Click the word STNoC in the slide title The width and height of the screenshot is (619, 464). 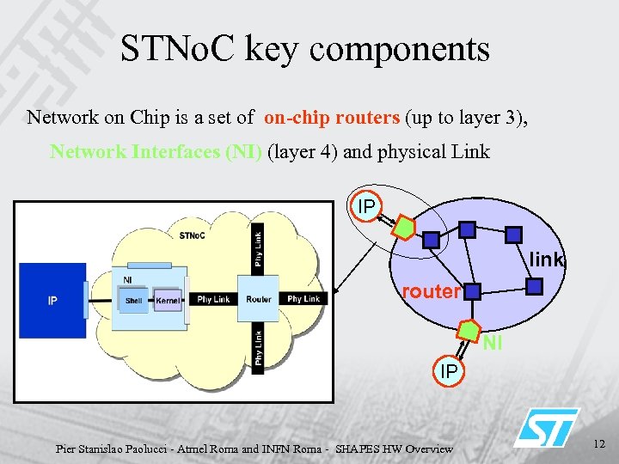pyautogui.click(x=178, y=49)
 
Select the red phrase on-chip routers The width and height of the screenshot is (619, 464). pyautogui.click(x=332, y=118)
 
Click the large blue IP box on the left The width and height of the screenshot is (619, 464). pyautogui.click(x=52, y=301)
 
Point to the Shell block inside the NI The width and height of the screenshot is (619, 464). pyautogui.click(x=134, y=301)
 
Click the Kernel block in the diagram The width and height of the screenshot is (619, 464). pyautogui.click(x=168, y=301)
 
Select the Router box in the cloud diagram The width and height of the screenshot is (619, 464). pyautogui.click(x=258, y=299)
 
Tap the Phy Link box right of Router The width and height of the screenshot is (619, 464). pyautogui.click(x=303, y=299)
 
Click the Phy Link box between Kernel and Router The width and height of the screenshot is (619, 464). pyautogui.click(x=213, y=299)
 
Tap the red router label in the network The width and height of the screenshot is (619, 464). pyautogui.click(x=431, y=291)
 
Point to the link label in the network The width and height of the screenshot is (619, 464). pyautogui.click(x=546, y=259)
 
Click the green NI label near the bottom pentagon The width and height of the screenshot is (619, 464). pyautogui.click(x=492, y=345)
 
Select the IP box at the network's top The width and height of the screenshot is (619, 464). pyautogui.click(x=366, y=207)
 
